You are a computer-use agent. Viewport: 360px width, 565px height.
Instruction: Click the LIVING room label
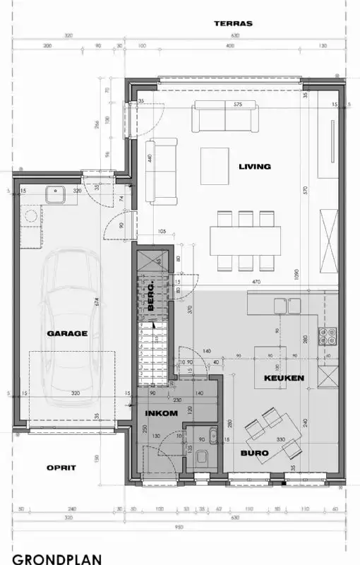point(254,167)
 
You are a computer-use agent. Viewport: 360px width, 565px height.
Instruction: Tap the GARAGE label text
point(67,333)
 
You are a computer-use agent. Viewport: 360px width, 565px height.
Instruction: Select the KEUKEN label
point(284,379)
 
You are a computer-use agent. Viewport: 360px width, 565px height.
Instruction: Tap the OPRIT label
point(61,467)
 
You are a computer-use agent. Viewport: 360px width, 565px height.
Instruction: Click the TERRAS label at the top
point(232,23)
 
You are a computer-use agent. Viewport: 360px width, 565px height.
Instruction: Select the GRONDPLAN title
point(56,559)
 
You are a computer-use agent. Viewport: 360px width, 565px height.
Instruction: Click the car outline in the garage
point(71,318)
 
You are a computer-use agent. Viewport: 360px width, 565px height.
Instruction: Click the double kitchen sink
point(287,305)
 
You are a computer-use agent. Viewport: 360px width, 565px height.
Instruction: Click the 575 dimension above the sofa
point(237,105)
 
